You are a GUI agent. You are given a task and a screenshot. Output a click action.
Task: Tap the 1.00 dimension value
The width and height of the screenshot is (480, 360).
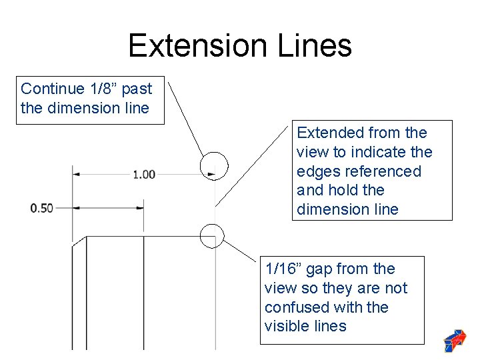[144, 175]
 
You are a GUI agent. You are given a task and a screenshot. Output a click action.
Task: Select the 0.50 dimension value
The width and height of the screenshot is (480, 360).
[42, 208]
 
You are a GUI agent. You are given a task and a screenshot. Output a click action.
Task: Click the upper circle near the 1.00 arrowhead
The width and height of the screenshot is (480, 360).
[214, 165]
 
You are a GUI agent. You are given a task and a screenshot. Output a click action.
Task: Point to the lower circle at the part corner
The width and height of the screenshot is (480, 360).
[211, 235]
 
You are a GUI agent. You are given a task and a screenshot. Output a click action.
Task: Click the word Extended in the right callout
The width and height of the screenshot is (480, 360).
[325, 133]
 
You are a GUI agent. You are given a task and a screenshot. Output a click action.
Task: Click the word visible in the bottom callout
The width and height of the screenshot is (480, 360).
[285, 326]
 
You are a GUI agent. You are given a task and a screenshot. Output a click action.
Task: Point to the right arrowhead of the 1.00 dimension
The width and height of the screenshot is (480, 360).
[211, 175]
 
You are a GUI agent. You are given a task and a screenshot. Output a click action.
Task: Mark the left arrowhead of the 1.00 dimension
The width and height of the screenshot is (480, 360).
[77, 175]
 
